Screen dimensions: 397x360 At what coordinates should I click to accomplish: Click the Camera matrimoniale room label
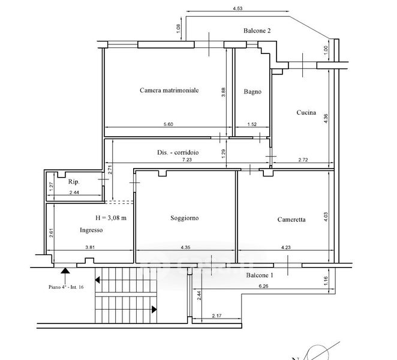pyautogui.click(x=169, y=90)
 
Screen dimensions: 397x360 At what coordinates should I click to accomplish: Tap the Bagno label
pyautogui.click(x=252, y=91)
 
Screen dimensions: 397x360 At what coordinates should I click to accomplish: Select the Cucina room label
pyautogui.click(x=306, y=112)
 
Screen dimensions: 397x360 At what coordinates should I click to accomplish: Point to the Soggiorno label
pyautogui.click(x=184, y=218)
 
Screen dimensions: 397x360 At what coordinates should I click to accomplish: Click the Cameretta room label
pyautogui.click(x=291, y=220)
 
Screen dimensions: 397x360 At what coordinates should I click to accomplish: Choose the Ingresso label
pyautogui.click(x=91, y=230)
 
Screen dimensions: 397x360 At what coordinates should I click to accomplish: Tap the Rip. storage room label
pyautogui.click(x=74, y=182)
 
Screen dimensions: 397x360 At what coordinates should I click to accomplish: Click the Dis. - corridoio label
pyautogui.click(x=178, y=152)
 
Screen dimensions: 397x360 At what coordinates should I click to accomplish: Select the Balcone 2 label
pyautogui.click(x=257, y=31)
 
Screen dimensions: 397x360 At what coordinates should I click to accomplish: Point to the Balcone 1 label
pyautogui.click(x=260, y=275)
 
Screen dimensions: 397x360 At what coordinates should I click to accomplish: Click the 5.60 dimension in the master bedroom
pyautogui.click(x=169, y=124)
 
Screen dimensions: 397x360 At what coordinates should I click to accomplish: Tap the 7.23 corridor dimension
pyautogui.click(x=187, y=160)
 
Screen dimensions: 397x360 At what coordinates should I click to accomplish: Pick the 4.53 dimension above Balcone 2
pyautogui.click(x=237, y=8)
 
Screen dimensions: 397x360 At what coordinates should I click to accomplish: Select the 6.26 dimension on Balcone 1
pyautogui.click(x=263, y=286)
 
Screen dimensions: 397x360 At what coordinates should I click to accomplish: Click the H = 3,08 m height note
pyautogui.click(x=111, y=218)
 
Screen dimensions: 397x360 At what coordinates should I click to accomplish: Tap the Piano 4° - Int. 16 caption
pyautogui.click(x=66, y=287)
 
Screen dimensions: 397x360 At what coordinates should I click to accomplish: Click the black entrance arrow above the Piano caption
pyautogui.click(x=65, y=271)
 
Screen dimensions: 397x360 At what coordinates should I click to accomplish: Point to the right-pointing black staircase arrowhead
pyautogui.click(x=154, y=310)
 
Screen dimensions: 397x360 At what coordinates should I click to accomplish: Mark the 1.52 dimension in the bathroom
pyautogui.click(x=252, y=124)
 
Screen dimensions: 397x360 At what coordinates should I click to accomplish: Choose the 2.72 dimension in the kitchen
pyautogui.click(x=303, y=160)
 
